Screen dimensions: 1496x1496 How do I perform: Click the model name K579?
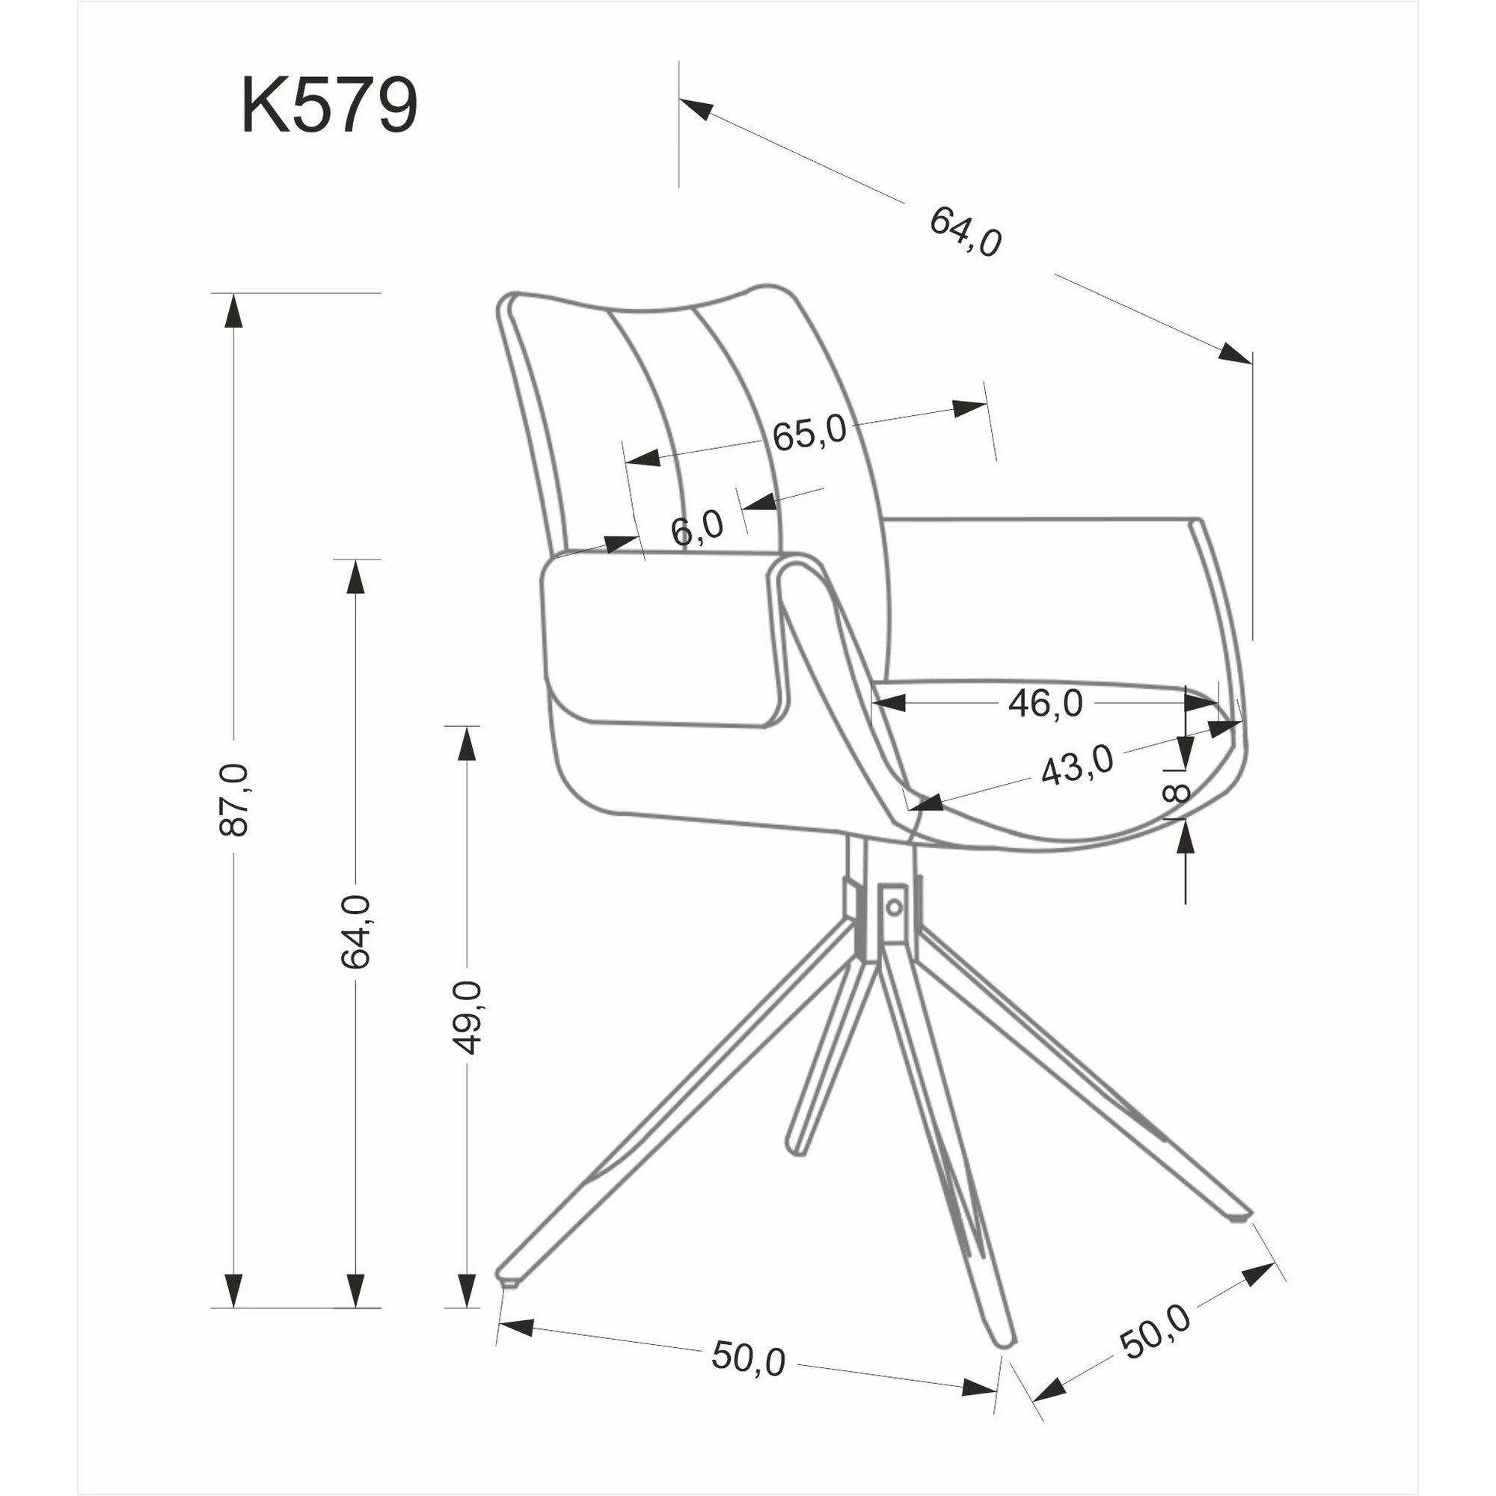coord(329,105)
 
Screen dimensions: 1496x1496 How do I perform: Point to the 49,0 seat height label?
coord(466,1017)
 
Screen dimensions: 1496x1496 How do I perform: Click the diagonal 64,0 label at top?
coord(965,232)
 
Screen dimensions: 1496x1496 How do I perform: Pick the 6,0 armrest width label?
coord(697,528)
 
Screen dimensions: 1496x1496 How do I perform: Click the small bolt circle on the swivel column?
coord(895,905)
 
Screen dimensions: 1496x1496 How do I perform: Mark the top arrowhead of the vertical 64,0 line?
coord(355,577)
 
